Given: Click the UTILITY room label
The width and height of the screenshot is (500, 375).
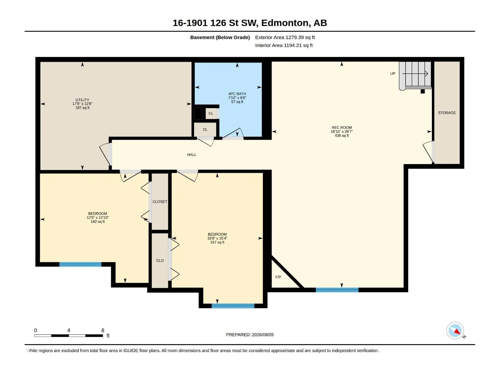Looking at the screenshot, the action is (x=82, y=100).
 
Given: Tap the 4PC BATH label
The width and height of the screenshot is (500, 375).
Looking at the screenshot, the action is (x=237, y=94).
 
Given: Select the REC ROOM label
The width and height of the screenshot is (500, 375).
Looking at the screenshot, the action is (x=342, y=127).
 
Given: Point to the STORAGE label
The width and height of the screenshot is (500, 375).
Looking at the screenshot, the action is (x=447, y=113).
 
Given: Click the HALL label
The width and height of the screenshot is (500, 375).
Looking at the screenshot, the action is (x=192, y=155).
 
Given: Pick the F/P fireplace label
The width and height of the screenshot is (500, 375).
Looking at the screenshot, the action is (x=278, y=277).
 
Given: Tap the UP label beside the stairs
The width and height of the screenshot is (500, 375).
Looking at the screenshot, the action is (x=393, y=73).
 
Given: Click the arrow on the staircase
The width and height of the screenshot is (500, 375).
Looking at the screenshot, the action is (x=415, y=74).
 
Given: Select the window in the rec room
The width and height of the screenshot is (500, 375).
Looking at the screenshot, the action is (x=337, y=290).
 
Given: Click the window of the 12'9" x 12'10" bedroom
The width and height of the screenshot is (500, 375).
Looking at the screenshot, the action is (x=80, y=264).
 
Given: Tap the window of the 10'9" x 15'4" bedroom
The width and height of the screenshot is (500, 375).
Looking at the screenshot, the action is (x=233, y=306).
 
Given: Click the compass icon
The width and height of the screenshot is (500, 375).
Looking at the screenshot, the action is (x=455, y=331).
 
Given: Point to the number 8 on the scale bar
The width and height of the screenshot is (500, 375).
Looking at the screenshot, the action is (x=103, y=330).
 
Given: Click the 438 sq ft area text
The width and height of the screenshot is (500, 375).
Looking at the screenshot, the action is (x=342, y=136).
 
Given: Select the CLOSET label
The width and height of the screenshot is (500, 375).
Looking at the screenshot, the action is (x=160, y=202).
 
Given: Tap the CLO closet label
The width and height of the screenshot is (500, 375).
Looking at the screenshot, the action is (x=160, y=261).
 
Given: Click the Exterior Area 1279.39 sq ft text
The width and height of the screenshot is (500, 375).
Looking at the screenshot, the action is (x=285, y=37).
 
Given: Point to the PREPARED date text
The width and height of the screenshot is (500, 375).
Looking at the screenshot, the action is (x=250, y=335).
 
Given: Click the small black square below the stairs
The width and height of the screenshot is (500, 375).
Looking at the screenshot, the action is (x=422, y=91).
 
